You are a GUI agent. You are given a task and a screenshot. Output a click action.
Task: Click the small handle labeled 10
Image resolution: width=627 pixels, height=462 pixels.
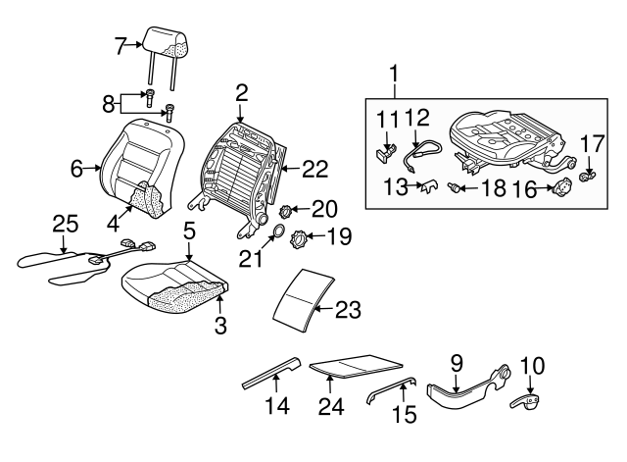coord(529,400)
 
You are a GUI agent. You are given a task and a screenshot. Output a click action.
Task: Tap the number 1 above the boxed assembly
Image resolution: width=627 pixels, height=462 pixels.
coord(395,73)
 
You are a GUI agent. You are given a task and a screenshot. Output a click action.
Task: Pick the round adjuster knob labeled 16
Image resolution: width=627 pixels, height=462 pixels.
coord(562,187)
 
